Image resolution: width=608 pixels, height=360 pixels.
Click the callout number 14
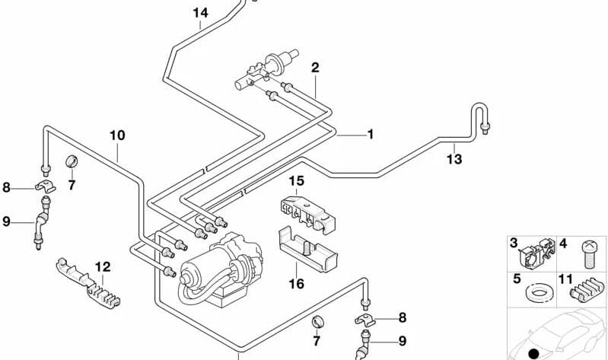coord(200,13)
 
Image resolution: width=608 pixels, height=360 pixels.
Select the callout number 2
coord(314,68)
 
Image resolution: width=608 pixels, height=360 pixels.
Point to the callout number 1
coord(370,135)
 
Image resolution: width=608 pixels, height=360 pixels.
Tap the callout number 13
coord(454,159)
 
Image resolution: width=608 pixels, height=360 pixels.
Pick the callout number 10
coord(116,135)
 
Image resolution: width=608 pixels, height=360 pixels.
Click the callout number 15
coord(295,181)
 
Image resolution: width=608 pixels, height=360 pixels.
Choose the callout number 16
coord(296,284)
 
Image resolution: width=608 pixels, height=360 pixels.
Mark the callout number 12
coord(103,267)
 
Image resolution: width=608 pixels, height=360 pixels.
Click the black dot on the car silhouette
coord(533,353)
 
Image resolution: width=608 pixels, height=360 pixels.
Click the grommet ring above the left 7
coord(72,161)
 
